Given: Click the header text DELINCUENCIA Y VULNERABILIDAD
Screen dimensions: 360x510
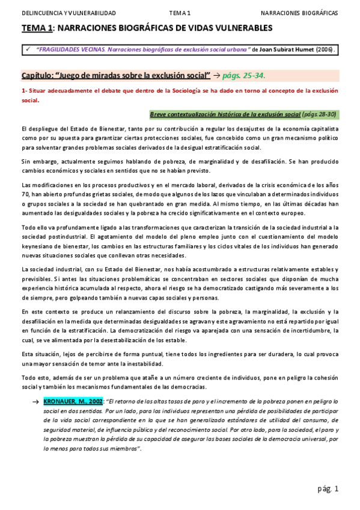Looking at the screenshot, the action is point(69,13).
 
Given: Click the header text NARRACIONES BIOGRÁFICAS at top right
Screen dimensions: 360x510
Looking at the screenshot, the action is point(299,13).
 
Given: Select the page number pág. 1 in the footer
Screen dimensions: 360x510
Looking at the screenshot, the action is point(328,489).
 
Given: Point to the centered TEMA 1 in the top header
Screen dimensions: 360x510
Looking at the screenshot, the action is point(180,13).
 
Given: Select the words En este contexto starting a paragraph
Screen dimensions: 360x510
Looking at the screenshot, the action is point(46,312).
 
